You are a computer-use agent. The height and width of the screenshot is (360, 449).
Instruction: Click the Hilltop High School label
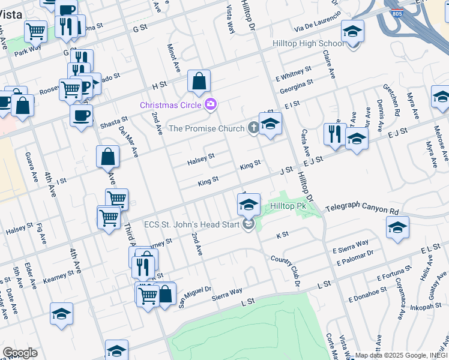[309, 43]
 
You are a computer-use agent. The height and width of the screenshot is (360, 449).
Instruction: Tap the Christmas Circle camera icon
[210, 104]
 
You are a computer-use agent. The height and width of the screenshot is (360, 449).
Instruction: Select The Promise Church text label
[206, 128]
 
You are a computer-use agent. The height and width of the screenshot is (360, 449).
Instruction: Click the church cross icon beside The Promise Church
[254, 128]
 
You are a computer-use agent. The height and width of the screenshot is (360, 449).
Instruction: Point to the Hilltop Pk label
[288, 206]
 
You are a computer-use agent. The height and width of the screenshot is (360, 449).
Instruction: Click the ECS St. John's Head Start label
[191, 225]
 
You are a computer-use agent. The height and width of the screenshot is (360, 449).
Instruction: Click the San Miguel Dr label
[195, 296]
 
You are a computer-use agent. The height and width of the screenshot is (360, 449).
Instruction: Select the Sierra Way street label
[226, 290]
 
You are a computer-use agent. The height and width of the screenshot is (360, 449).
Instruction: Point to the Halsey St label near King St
[201, 158]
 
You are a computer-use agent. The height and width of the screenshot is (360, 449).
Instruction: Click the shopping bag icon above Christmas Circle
[199, 82]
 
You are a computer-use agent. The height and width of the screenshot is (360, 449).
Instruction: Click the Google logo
[20, 353]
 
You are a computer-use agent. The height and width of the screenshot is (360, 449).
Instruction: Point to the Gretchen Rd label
[397, 105]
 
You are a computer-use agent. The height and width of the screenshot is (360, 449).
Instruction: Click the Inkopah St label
[426, 307]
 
